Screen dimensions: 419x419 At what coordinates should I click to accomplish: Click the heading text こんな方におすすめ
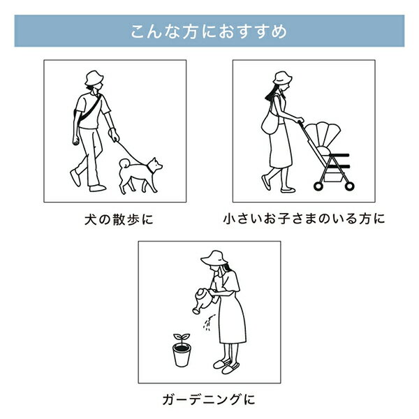tap(209, 31)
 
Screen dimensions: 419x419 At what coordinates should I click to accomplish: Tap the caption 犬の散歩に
tap(119, 220)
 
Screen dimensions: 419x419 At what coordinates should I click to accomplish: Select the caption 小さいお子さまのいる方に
tap(304, 219)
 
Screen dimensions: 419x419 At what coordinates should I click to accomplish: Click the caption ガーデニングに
tap(209, 399)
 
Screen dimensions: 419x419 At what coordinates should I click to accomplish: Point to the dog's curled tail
tap(124, 163)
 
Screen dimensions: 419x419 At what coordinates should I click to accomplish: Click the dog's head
tap(155, 165)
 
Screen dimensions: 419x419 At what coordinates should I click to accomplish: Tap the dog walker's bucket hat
tap(94, 78)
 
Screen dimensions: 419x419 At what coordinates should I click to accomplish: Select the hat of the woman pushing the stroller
tap(282, 78)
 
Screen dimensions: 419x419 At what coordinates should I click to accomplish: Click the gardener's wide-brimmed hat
tap(214, 258)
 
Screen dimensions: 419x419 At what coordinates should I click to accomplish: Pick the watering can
tap(203, 300)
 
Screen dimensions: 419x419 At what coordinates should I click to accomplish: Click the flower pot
tap(182, 355)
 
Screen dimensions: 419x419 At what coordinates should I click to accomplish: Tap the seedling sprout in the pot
tap(182, 338)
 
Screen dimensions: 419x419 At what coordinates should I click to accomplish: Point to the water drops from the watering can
tap(207, 323)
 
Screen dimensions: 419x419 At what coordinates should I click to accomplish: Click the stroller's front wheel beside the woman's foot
tap(318, 186)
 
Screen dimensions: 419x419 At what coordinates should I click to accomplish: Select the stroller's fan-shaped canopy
tap(323, 135)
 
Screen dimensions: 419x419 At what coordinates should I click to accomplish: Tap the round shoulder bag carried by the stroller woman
tap(270, 124)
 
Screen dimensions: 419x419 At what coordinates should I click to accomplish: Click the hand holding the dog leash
tap(114, 135)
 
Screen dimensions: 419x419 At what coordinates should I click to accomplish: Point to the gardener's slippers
tap(226, 366)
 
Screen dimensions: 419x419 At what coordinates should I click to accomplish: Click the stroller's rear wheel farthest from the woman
tap(349, 186)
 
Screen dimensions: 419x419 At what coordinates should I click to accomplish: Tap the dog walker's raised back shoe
tap(75, 177)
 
